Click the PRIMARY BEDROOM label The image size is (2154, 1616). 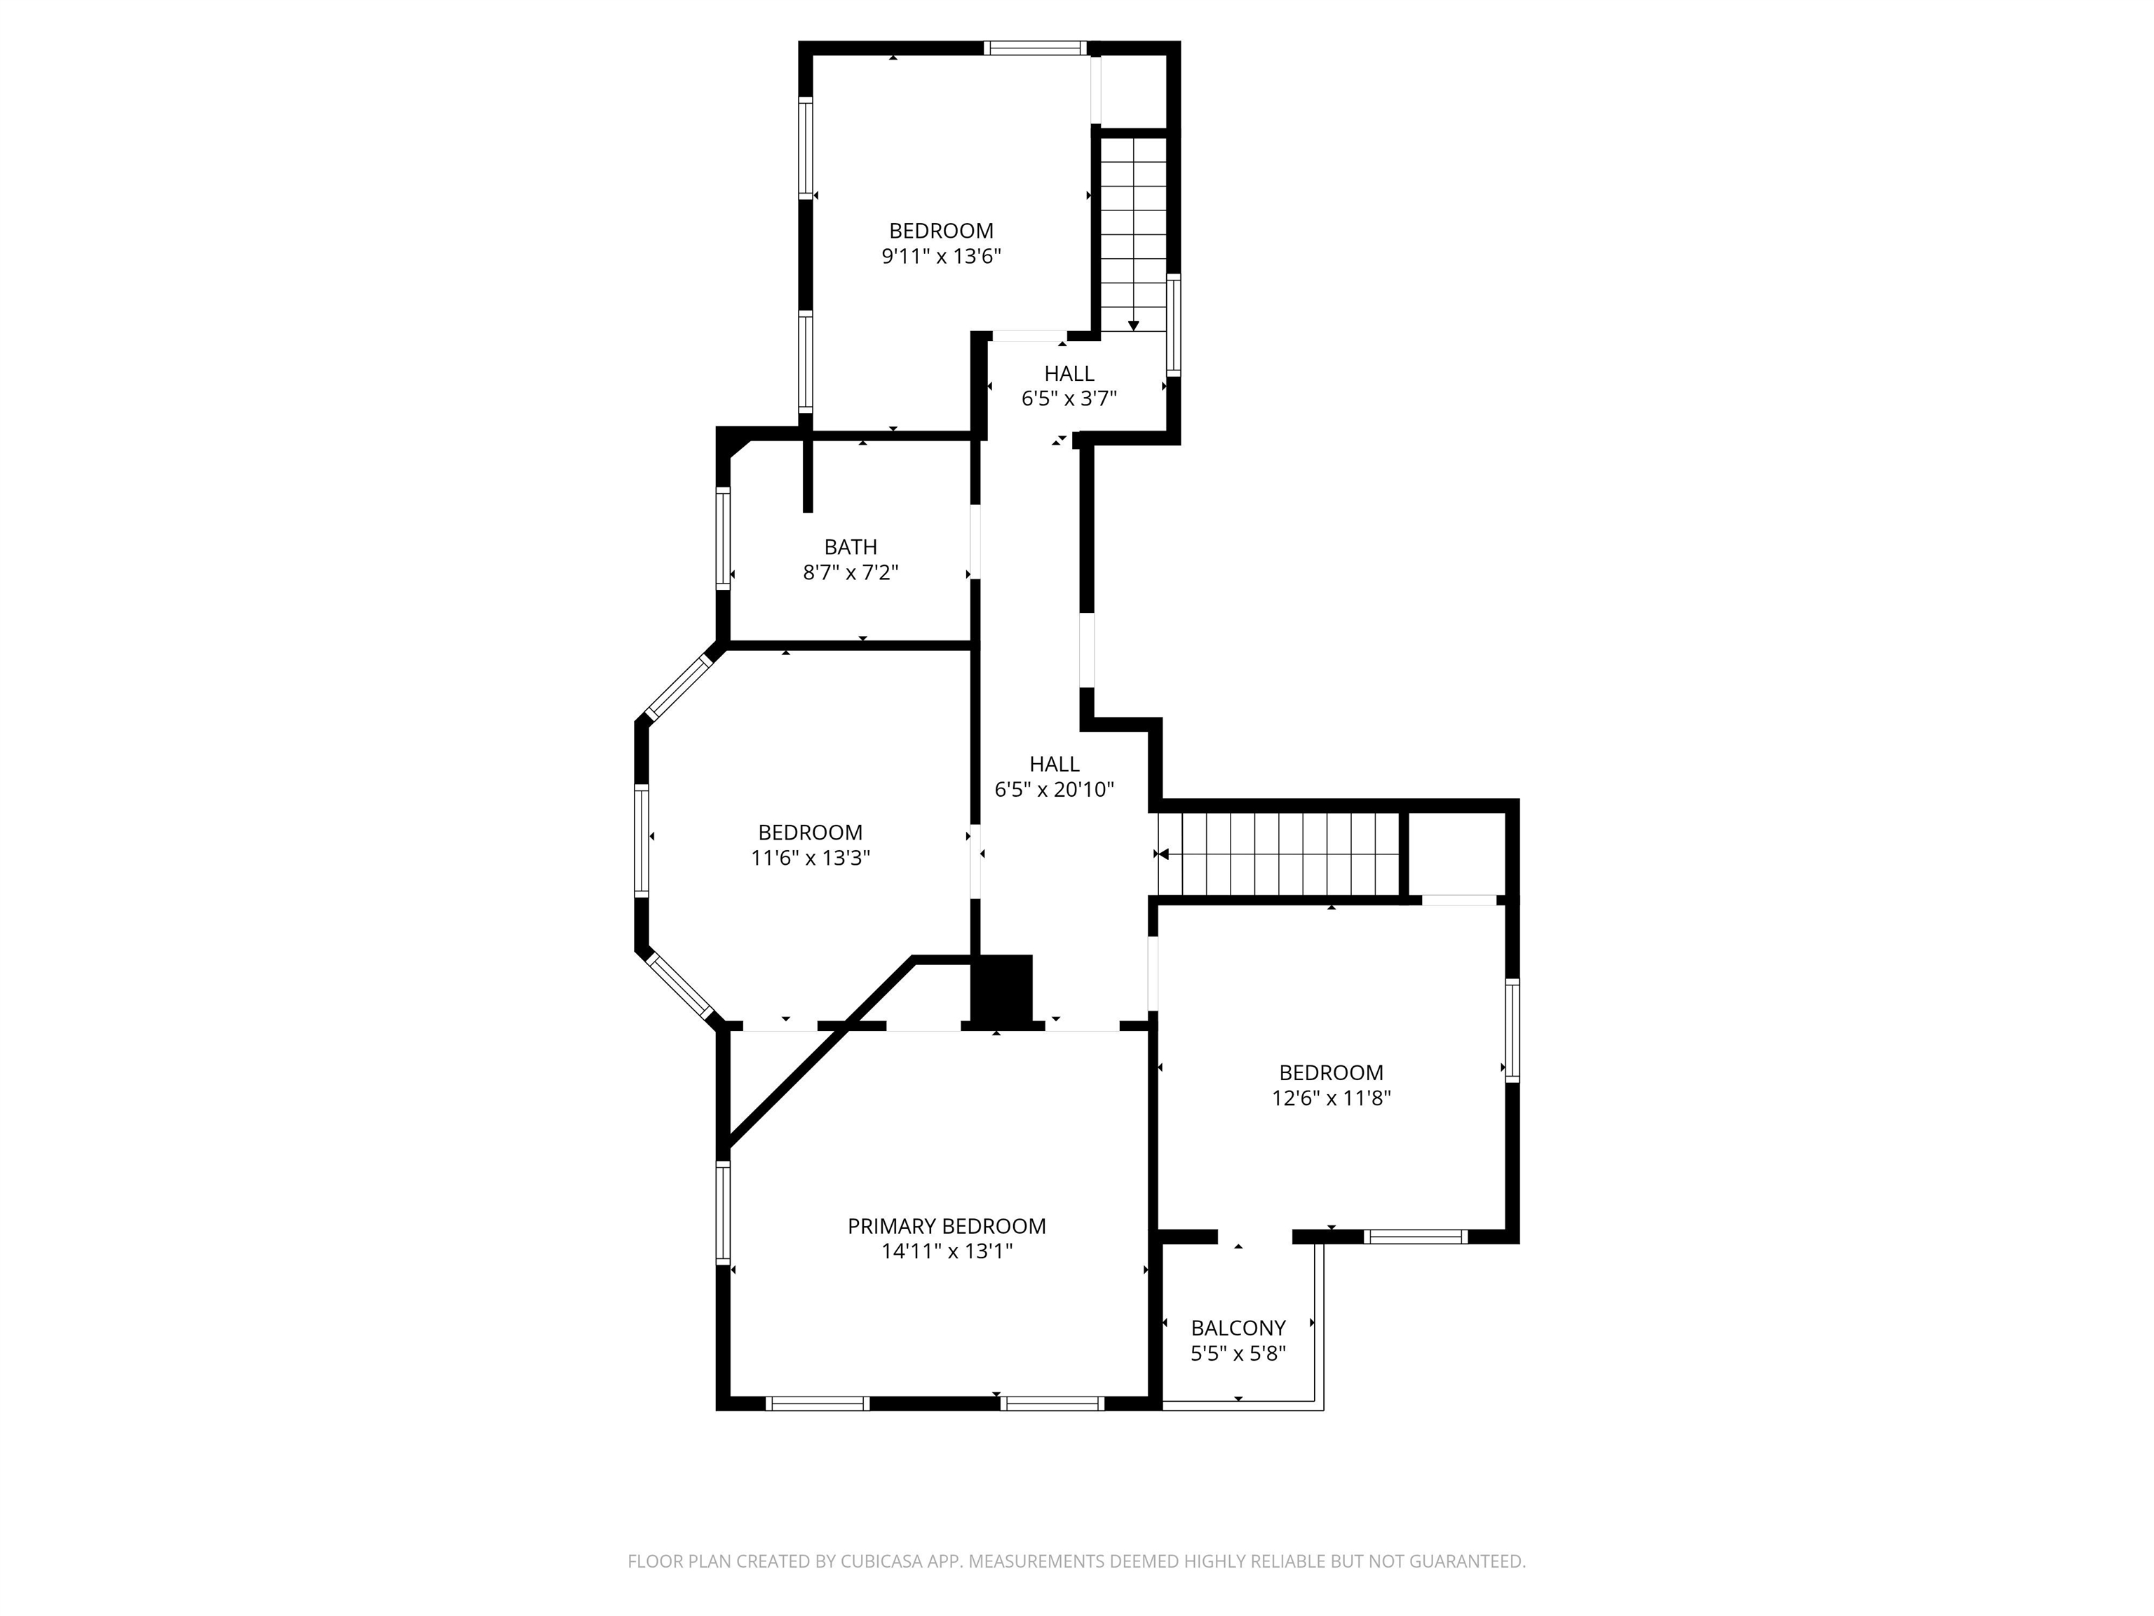[x=947, y=1226]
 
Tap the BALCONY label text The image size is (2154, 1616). [x=1238, y=1328]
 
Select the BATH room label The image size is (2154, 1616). [x=850, y=547]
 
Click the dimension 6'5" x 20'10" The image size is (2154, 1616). [x=1054, y=790]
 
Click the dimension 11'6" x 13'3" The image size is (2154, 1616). [x=810, y=858]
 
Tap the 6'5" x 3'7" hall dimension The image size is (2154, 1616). [x=1069, y=398]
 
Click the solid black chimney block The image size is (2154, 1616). [x=1002, y=988]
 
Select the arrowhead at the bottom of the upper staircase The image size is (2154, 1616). [x=1134, y=326]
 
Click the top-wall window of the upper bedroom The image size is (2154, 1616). [x=1034, y=48]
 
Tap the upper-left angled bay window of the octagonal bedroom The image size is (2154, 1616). [x=679, y=686]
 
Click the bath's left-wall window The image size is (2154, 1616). [x=722, y=539]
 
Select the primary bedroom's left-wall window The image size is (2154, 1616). [x=722, y=1213]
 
